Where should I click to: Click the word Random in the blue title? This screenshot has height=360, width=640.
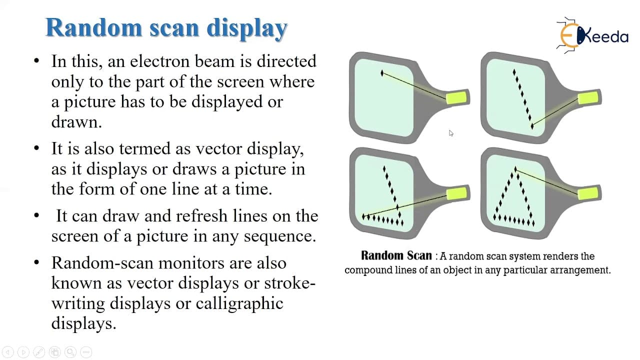pyautogui.click(x=94, y=27)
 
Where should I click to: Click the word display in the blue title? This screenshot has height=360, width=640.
pyautogui.click(x=247, y=29)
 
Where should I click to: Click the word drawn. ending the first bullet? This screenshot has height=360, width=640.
pyautogui.click(x=76, y=121)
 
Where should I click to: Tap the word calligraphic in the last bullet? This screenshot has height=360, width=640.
pyautogui.click(x=239, y=304)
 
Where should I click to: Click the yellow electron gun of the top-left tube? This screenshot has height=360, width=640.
pyautogui.click(x=456, y=97)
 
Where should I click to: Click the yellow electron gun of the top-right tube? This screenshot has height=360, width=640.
pyautogui.click(x=588, y=97)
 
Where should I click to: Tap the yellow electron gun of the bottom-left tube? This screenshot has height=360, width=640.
pyautogui.click(x=456, y=194)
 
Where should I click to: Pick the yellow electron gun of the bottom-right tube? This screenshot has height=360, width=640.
pyautogui.click(x=588, y=194)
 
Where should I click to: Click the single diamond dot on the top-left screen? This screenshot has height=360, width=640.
pyautogui.click(x=382, y=73)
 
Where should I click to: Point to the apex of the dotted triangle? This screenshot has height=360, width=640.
pyautogui.click(x=515, y=169)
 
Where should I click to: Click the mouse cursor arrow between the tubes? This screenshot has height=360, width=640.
pyautogui.click(x=451, y=133)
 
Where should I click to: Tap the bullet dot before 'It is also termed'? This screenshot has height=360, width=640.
pyautogui.click(x=36, y=148)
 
